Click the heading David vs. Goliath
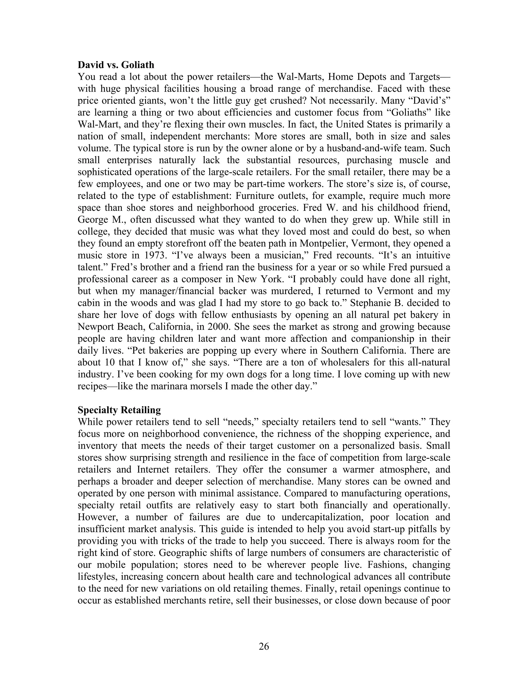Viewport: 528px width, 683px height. pyautogui.click(x=116, y=65)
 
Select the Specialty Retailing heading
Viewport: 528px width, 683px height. pyautogui.click(x=119, y=410)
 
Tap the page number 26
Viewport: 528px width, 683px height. pyautogui.click(x=264, y=646)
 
